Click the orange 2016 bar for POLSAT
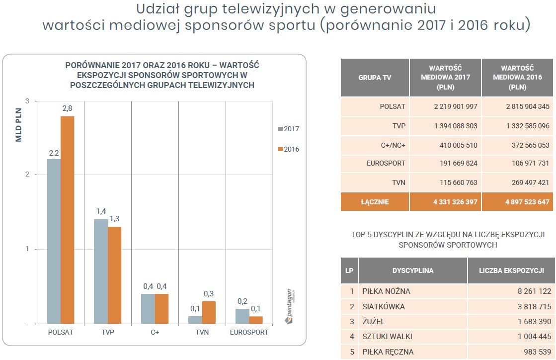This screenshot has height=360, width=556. (67, 220)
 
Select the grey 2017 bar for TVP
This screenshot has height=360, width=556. (101, 271)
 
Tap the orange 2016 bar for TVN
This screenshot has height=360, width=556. (209, 312)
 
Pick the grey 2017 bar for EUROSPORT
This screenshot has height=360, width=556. (242, 316)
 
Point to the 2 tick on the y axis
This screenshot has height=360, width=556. (27, 175)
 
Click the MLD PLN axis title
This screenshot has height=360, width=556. (19, 125)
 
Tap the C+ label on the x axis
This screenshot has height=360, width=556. (155, 332)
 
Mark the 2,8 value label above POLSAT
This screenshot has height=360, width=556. (67, 109)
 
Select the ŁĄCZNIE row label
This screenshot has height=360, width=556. (375, 202)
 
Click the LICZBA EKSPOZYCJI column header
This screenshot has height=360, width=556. (511, 271)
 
